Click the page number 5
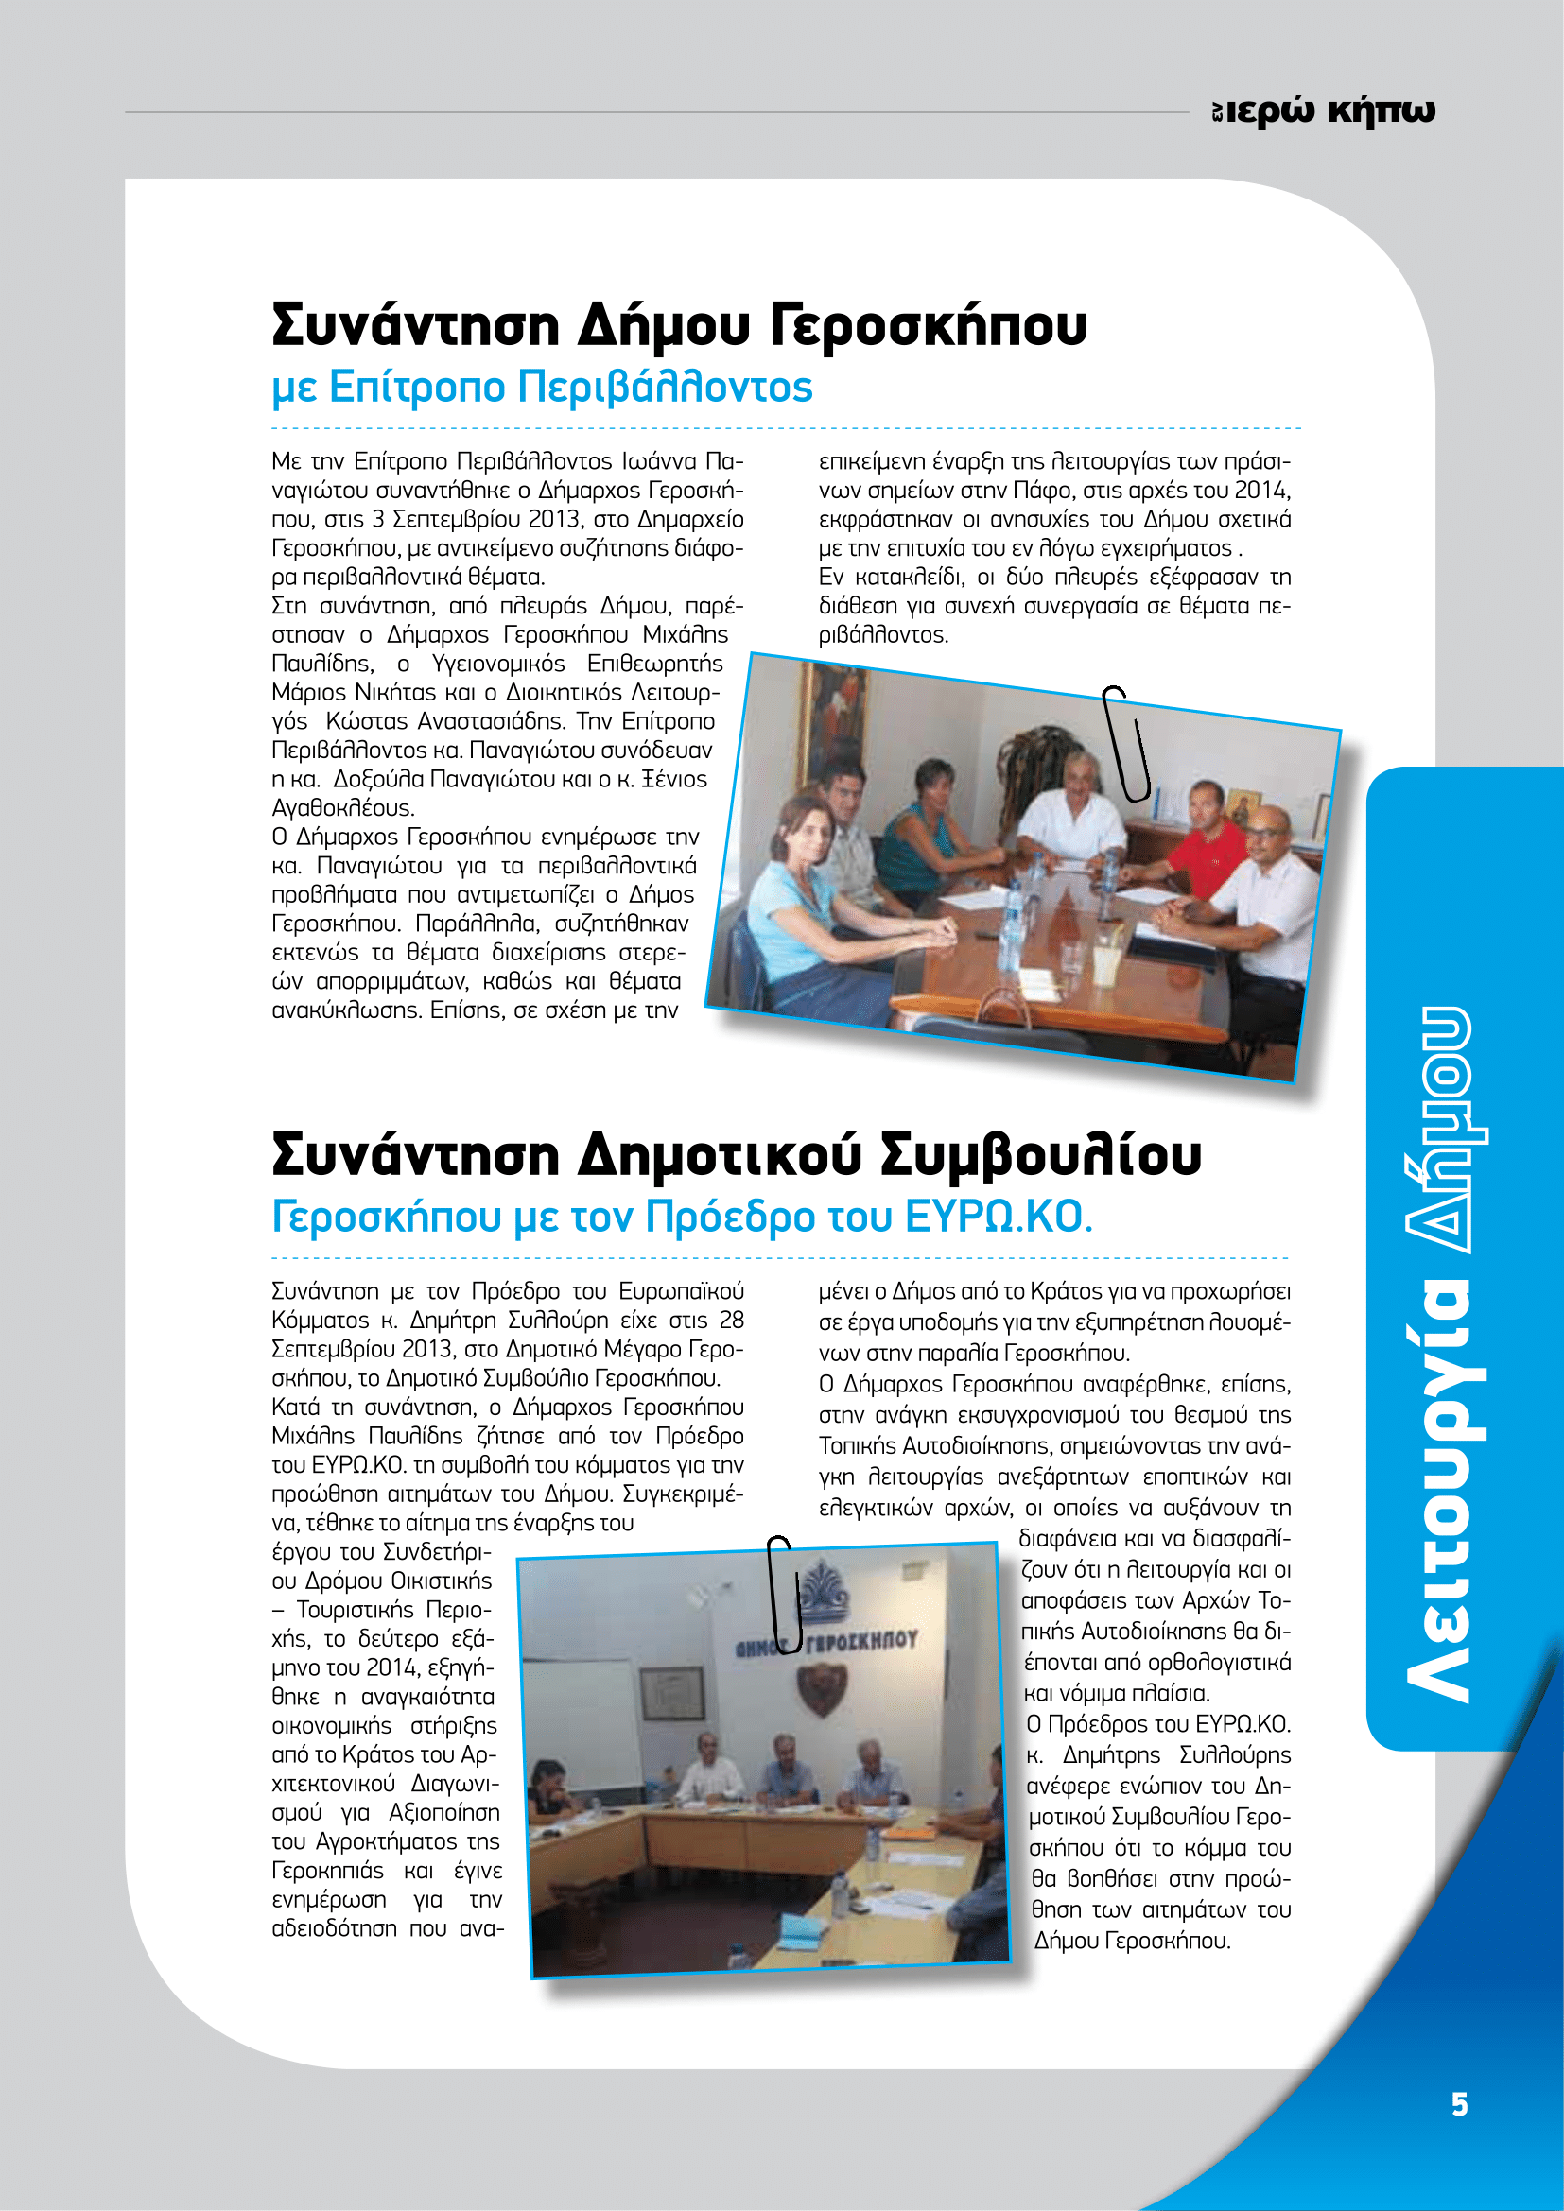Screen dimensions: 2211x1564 coord(1459,2105)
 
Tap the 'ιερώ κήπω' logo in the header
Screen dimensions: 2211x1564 coord(1325,112)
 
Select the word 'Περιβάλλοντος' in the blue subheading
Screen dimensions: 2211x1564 coord(666,388)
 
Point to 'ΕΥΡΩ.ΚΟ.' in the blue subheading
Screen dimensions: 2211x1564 coord(999,1218)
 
